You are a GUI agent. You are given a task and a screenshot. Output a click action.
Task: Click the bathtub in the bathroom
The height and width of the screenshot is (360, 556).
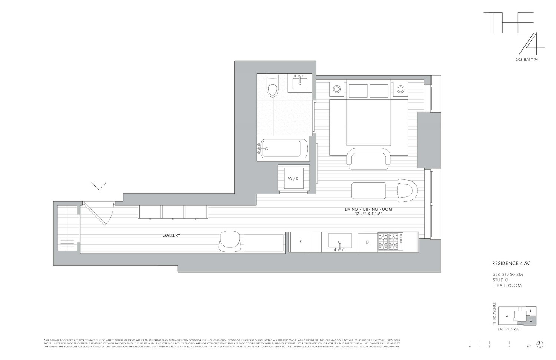284,149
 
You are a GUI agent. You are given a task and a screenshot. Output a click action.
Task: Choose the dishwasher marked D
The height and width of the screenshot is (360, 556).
367,242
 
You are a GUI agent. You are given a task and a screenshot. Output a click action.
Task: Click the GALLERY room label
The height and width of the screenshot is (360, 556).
171,235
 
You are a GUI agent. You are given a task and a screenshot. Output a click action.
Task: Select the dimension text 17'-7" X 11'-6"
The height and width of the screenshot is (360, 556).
368,214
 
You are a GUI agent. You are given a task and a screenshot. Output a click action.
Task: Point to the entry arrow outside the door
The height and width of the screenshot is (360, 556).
99,186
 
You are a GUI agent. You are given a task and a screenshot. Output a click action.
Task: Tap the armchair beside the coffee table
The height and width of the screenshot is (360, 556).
407,190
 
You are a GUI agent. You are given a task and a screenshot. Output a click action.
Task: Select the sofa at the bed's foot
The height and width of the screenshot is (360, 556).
369,158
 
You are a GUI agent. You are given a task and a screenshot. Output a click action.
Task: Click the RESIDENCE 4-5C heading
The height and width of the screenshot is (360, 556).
508,264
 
